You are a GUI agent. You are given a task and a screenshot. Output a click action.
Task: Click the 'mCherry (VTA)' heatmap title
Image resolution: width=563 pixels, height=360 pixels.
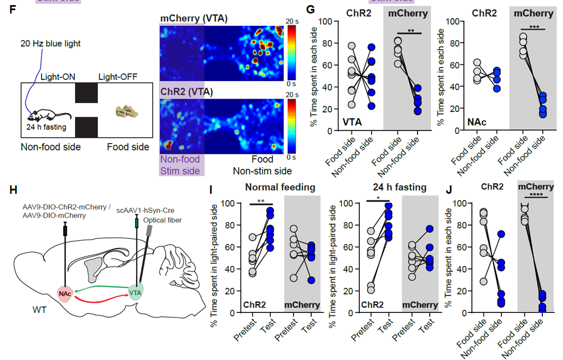193,18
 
